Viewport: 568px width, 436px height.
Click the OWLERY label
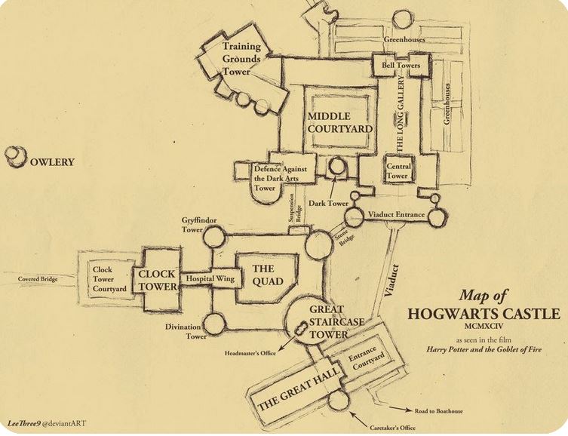(52, 162)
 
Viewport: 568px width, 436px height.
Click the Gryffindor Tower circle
(213, 236)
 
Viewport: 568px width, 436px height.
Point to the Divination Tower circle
(214, 324)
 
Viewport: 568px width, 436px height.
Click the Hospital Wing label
(210, 279)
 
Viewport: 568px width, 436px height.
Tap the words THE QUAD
(268, 275)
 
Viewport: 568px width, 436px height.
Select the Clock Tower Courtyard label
(109, 279)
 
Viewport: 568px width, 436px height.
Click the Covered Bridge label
(38, 279)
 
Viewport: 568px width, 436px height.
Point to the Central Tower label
(398, 171)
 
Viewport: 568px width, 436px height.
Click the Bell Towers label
(401, 66)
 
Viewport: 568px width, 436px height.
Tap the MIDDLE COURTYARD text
(339, 122)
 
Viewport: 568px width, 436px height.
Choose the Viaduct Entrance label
(396, 214)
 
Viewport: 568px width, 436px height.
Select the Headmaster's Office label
(250, 353)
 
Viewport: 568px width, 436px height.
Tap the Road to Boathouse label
(439, 411)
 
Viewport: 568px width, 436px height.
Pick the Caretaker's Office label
(393, 428)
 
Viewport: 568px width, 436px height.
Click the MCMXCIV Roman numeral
(484, 326)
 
